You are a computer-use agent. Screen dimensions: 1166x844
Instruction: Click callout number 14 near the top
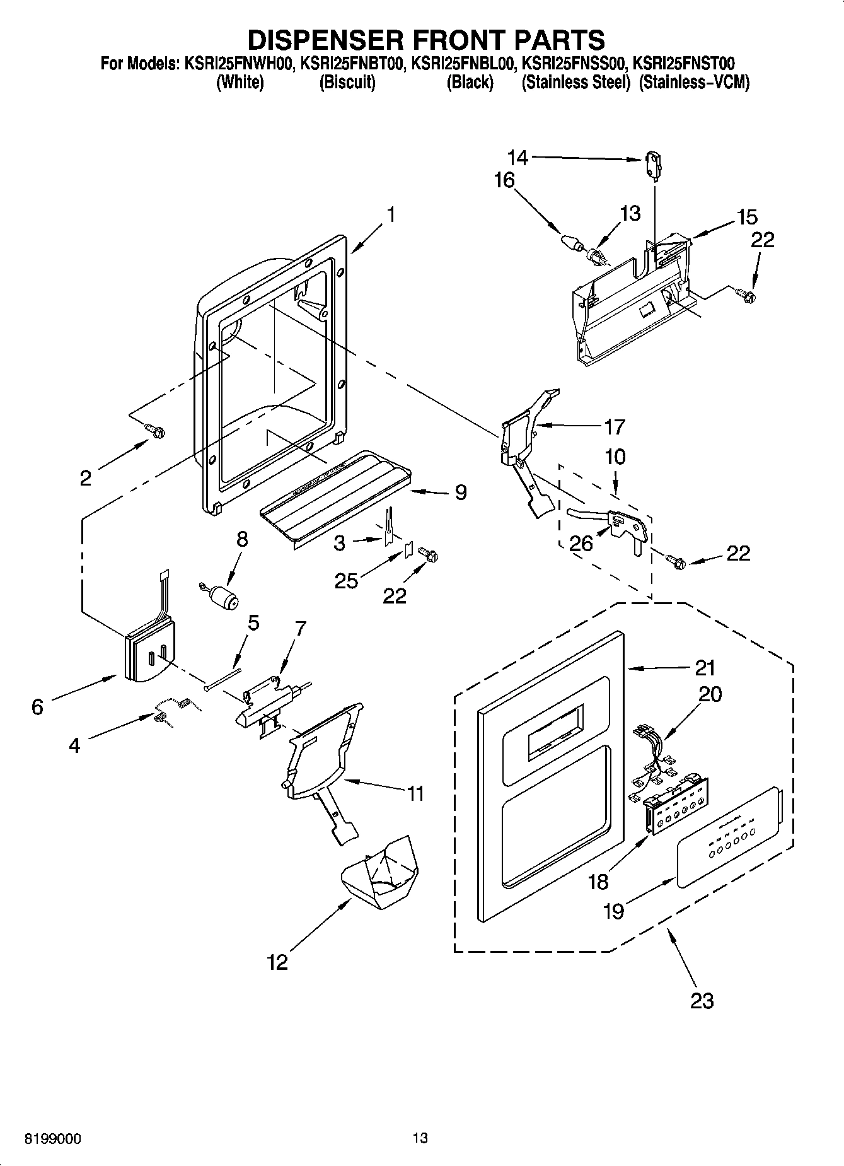tap(518, 156)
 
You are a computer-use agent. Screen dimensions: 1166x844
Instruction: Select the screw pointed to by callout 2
tap(155, 430)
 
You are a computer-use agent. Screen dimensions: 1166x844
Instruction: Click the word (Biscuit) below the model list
tap(347, 83)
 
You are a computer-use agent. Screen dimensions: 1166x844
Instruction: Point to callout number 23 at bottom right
tap(702, 1000)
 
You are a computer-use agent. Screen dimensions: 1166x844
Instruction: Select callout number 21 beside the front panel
tap(705, 667)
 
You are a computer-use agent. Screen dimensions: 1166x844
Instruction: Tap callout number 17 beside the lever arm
tap(614, 427)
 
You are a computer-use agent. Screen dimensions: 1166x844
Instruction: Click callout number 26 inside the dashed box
tap(581, 543)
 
